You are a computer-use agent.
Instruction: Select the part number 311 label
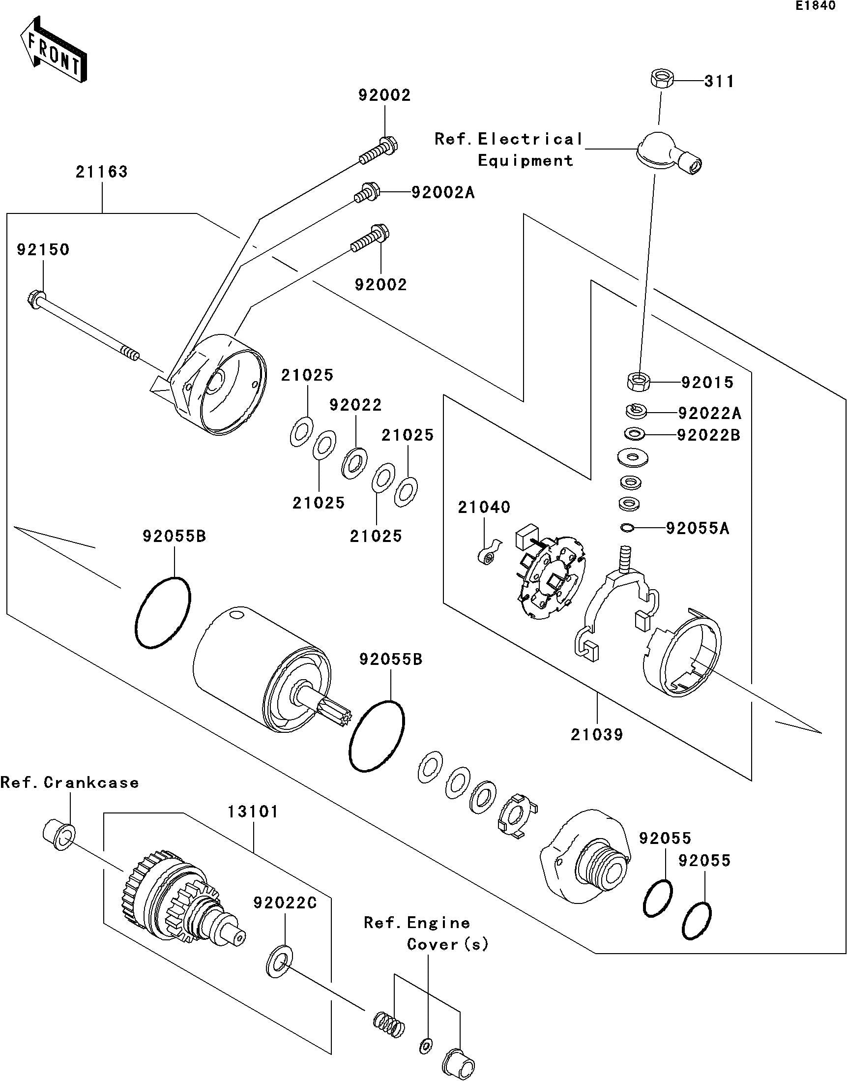[719, 81]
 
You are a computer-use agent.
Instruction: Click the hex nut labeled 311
[661, 80]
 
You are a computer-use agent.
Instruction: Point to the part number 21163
[102, 172]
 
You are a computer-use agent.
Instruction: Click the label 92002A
[443, 192]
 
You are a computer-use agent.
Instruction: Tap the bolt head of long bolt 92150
[34, 299]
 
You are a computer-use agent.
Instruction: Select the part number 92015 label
[707, 383]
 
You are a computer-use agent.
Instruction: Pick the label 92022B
[709, 435]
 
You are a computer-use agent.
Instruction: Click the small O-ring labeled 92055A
[626, 527]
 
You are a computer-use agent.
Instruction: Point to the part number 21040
[484, 507]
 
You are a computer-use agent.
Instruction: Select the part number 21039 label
[597, 735]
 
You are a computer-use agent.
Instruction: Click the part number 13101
[253, 812]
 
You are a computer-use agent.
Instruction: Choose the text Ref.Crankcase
[70, 782]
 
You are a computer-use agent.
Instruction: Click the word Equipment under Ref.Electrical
[525, 161]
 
